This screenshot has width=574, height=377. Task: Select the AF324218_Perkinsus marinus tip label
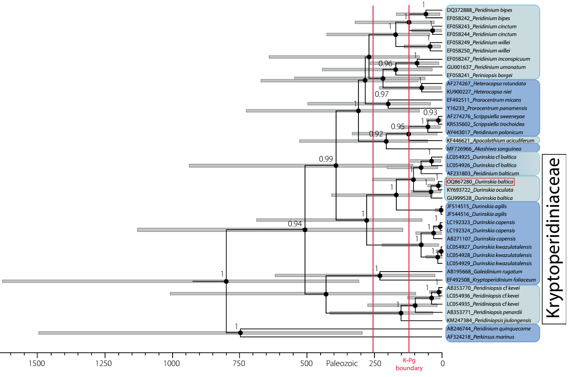[x=480, y=337]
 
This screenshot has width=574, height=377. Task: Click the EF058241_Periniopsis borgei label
[x=479, y=75]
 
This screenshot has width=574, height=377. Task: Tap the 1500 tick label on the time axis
[x=37, y=363]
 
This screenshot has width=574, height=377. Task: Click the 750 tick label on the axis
[x=239, y=363]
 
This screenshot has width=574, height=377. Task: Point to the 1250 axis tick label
[x=105, y=363]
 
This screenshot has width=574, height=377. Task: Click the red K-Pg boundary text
[x=409, y=365]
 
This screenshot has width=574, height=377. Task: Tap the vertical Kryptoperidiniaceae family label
[x=553, y=238]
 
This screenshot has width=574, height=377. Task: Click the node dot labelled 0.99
[x=336, y=166]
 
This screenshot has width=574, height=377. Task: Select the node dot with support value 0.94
[x=305, y=230]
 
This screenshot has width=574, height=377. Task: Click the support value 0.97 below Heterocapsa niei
[x=381, y=94]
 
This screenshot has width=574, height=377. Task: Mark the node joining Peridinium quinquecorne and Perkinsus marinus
[x=241, y=333]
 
